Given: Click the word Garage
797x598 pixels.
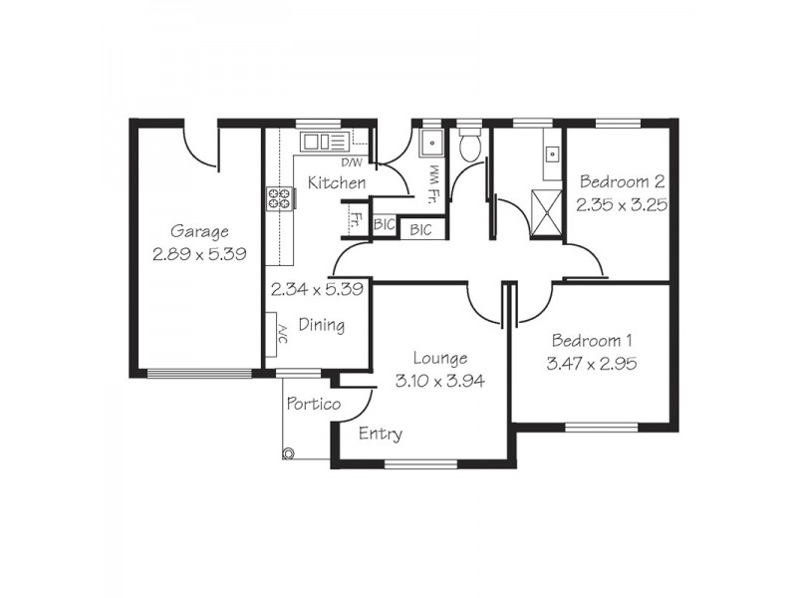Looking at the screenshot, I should (199, 231).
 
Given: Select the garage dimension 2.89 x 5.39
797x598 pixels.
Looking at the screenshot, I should (199, 254).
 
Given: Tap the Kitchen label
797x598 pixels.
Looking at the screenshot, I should (336, 183).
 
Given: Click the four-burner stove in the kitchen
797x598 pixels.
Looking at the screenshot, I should (279, 198).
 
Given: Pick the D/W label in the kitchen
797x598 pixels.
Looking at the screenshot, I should (352, 161).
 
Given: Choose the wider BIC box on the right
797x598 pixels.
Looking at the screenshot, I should (421, 229).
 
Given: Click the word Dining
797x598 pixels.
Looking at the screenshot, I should (322, 324).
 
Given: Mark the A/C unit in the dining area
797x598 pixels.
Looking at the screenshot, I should (273, 330).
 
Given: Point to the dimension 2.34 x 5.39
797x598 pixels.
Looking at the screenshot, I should (316, 290).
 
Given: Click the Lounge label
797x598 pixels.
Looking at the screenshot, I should (439, 358).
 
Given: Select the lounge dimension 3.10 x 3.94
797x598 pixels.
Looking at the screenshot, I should (439, 380).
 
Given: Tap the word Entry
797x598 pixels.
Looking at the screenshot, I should (380, 434).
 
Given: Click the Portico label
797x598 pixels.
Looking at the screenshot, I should (313, 404).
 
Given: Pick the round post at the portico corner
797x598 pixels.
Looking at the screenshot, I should (289, 453).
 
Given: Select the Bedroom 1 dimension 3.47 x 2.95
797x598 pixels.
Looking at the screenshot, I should (592, 364).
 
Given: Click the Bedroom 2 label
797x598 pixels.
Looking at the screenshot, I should (622, 182).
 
